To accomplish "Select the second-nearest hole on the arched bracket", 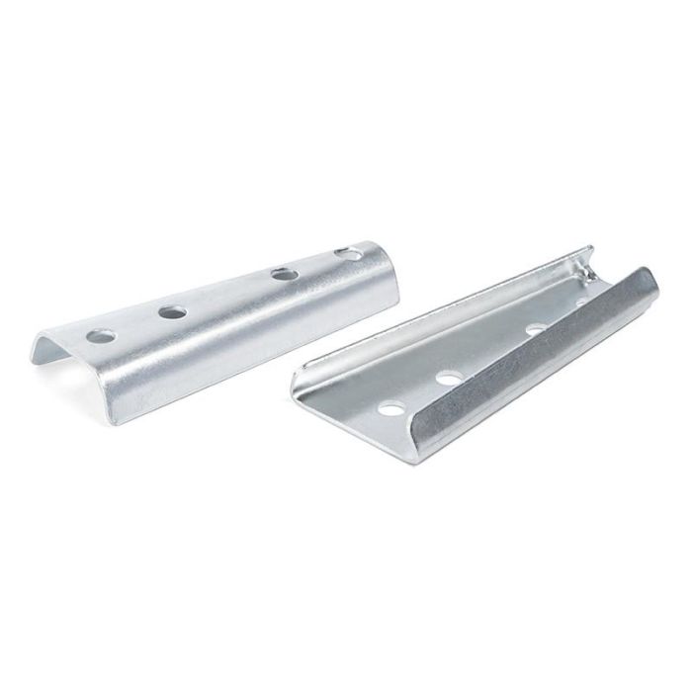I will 173,311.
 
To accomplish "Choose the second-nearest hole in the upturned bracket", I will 451,376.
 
